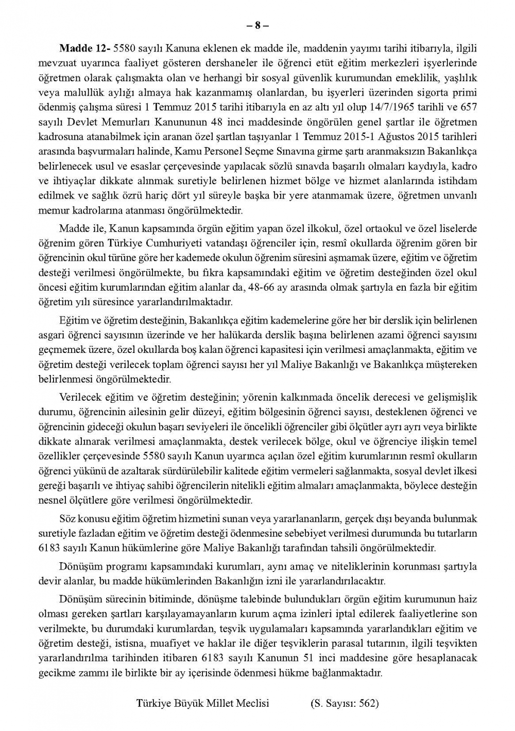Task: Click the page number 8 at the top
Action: coord(257,25)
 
